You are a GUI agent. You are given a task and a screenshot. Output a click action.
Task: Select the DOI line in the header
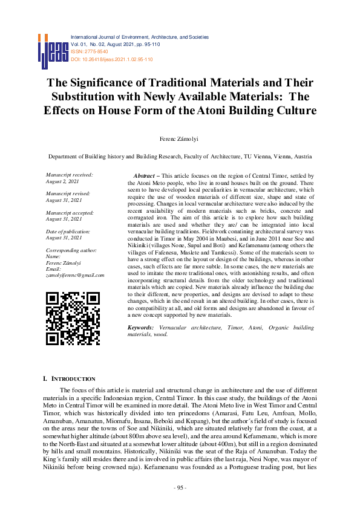pyautogui.click(x=112, y=59)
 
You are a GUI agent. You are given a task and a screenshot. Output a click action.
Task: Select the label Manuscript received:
pyautogui.click(x=69, y=175)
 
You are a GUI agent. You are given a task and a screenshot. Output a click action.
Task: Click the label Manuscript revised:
pyautogui.click(x=67, y=193)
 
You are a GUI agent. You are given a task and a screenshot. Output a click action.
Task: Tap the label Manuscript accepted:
pyautogui.click(x=69, y=212)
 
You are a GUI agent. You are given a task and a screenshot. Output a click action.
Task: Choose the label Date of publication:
pyautogui.click(x=68, y=231)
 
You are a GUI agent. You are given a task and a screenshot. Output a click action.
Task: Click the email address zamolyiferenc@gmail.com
pyautogui.click(x=75, y=275)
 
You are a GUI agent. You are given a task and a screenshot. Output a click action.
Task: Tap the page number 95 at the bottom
pyautogui.click(x=180, y=487)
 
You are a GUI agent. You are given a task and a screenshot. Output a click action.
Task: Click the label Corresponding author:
pyautogui.click(x=71, y=250)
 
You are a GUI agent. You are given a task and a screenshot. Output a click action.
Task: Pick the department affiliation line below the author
pyautogui.click(x=180, y=156)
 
